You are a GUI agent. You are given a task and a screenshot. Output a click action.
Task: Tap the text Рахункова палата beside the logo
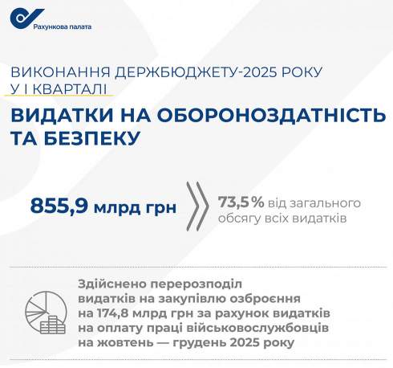pyautogui.click(x=63, y=26)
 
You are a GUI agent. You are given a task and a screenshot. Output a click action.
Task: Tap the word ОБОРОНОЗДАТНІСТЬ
pyautogui.click(x=261, y=117)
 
